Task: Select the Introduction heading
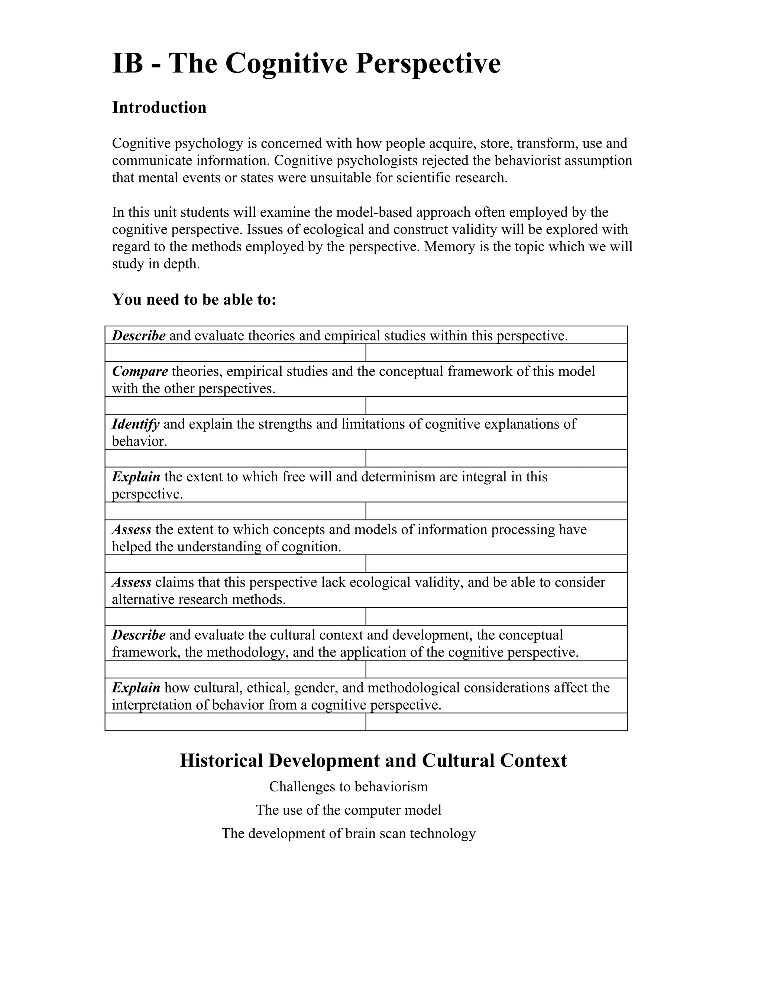(x=159, y=107)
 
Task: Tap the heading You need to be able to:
(x=194, y=299)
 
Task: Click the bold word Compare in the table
(x=140, y=371)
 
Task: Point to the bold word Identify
(x=135, y=424)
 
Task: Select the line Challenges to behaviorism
(x=349, y=787)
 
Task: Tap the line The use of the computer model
(x=349, y=810)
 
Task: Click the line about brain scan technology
(x=349, y=833)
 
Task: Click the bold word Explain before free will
(x=136, y=477)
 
